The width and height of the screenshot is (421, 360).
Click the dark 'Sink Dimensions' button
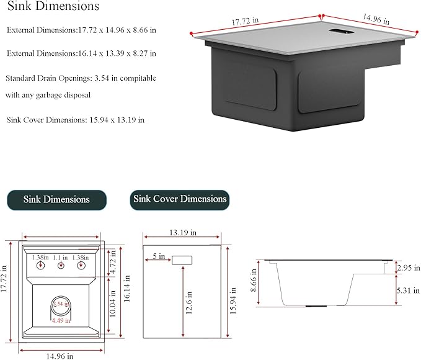pos(56,200)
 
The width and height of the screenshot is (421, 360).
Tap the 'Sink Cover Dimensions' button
pos(180,200)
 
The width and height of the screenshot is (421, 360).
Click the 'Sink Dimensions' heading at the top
pos(53,6)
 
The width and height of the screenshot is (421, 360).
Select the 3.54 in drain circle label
pos(61,304)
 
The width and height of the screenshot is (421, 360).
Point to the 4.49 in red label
pos(61,320)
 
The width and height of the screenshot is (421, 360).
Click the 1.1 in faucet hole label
pos(60,258)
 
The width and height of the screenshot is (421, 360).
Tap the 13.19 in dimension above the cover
pos(182,233)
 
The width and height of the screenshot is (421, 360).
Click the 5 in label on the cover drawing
pos(159,256)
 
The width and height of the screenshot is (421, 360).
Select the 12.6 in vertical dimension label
pos(188,302)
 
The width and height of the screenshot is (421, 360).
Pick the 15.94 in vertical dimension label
pos(233,300)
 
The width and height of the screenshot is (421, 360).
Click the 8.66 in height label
pos(253,280)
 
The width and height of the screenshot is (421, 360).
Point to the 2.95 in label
pos(409,268)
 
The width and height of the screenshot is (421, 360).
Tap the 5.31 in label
pos(409,290)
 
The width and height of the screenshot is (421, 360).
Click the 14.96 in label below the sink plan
pos(60,356)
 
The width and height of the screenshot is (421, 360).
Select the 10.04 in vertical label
pos(112,304)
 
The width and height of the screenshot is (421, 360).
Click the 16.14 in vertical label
pos(126,289)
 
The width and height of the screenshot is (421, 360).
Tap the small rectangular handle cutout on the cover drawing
pos(182,260)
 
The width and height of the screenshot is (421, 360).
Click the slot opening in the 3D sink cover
pos(341,32)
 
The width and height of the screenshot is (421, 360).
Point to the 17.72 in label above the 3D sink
pos(245,21)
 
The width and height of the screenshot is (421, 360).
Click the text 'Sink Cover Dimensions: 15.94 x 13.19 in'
pos(76,120)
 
